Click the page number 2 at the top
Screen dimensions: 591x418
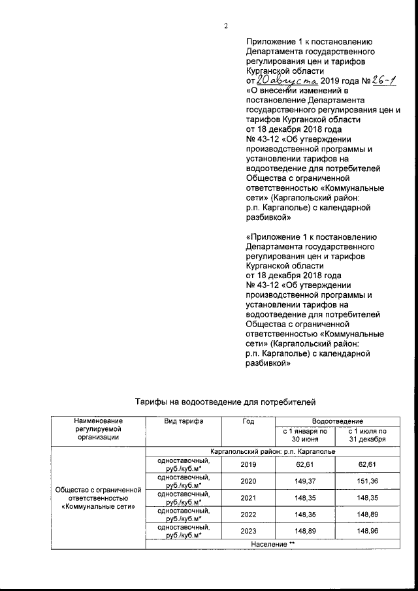pos(225,26)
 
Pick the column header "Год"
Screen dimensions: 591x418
pos(248,422)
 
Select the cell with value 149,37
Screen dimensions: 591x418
pos(304,483)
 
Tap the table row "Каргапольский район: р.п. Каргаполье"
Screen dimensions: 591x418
pos(273,451)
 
